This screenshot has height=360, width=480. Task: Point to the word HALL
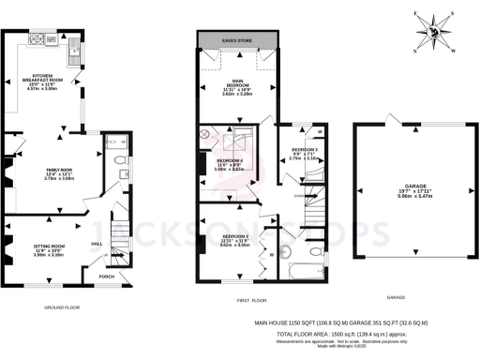(x=97, y=242)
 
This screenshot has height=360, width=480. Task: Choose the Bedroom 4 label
(x=229, y=163)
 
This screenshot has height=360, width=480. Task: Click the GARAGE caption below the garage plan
(x=397, y=297)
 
